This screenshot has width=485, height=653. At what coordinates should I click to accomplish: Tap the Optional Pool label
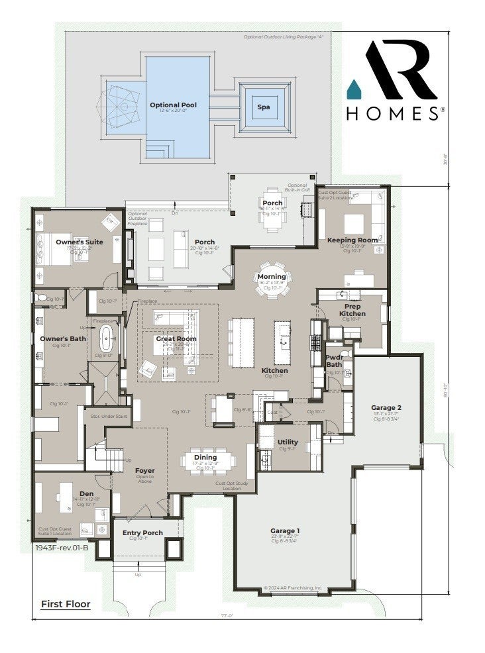173,105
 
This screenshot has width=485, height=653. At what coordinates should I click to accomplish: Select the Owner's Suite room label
79,242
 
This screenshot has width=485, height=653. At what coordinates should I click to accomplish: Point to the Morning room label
272,276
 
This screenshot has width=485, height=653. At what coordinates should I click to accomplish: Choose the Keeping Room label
352,240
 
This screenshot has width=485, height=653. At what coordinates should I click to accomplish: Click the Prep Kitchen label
352,309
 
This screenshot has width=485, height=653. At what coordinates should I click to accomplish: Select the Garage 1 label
285,530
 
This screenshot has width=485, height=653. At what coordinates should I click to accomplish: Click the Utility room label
288,442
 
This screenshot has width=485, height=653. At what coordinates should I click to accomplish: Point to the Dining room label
205,457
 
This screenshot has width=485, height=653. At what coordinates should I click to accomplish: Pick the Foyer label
144,471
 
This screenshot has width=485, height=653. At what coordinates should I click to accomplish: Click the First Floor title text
66,603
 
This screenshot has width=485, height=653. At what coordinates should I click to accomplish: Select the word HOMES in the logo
392,114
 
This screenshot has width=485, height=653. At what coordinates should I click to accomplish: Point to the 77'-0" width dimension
228,615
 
